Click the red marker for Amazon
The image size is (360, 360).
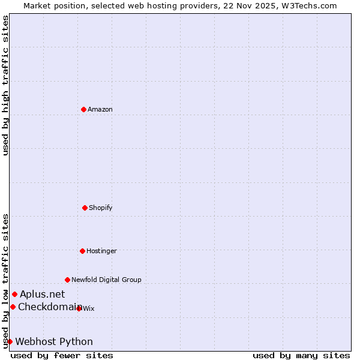83,109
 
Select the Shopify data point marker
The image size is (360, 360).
85,208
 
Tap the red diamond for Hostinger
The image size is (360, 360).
82,251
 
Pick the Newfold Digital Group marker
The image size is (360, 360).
67,280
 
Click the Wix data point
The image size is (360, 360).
79,308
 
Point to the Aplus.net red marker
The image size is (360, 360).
14,294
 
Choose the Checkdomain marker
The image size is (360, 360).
13,307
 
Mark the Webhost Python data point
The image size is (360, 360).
10,341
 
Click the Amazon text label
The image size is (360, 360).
100,109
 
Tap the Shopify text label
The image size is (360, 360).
101,208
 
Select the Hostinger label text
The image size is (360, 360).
101,251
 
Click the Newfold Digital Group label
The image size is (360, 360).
106,280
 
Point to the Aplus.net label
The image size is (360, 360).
42,294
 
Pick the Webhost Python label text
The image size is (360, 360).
54,341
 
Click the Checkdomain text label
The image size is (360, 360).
50,307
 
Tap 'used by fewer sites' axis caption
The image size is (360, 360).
62,355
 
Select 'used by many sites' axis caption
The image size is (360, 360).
301,355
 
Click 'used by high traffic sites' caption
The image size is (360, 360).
5,85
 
